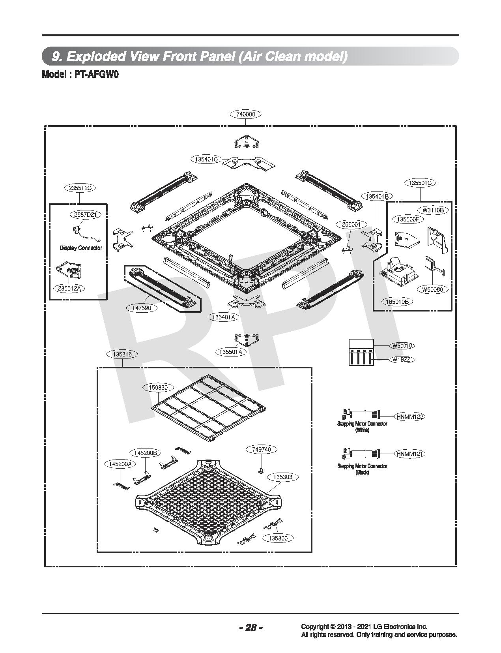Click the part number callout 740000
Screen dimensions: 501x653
click(x=245, y=114)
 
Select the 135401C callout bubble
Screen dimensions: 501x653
click(x=206, y=159)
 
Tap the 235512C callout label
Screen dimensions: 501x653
click(x=80, y=188)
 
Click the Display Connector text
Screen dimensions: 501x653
click(x=81, y=248)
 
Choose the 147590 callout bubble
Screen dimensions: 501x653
click(x=141, y=308)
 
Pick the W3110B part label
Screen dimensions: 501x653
click(x=433, y=210)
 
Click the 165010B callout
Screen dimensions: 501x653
click(x=397, y=301)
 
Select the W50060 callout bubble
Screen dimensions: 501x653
click(x=433, y=289)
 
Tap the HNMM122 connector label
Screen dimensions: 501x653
click(x=410, y=417)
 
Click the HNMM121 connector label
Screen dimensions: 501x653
click(x=410, y=454)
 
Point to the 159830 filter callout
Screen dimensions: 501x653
click(x=158, y=388)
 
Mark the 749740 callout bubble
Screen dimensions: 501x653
click(x=262, y=449)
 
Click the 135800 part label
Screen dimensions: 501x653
click(x=278, y=538)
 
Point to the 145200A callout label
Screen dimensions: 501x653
click(x=120, y=464)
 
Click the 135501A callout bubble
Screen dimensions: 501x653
click(x=231, y=352)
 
